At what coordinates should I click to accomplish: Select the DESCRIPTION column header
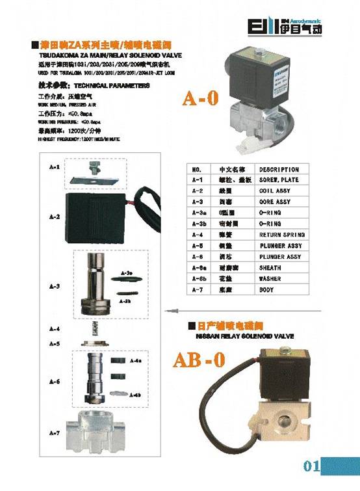[x=279, y=170]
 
